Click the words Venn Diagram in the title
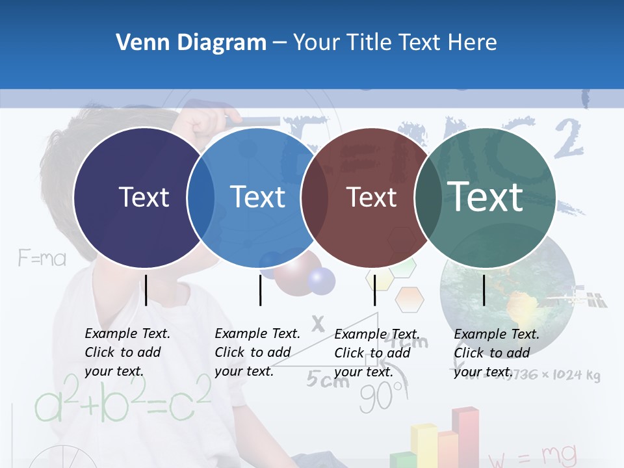click(x=191, y=43)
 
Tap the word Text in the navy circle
click(x=144, y=197)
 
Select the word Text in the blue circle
click(x=257, y=197)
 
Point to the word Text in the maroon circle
click(x=371, y=197)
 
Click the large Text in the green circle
click(x=486, y=196)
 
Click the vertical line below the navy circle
click(x=146, y=290)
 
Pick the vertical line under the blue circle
click(x=260, y=290)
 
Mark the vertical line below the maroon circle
click(x=374, y=290)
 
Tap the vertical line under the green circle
click(x=484, y=290)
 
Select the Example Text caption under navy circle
click(x=127, y=352)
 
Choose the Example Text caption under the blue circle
click(x=257, y=352)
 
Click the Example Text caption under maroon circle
click(x=376, y=353)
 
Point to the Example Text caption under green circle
click(x=496, y=353)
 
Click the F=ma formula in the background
click(x=42, y=259)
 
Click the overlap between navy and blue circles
click(x=201, y=198)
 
